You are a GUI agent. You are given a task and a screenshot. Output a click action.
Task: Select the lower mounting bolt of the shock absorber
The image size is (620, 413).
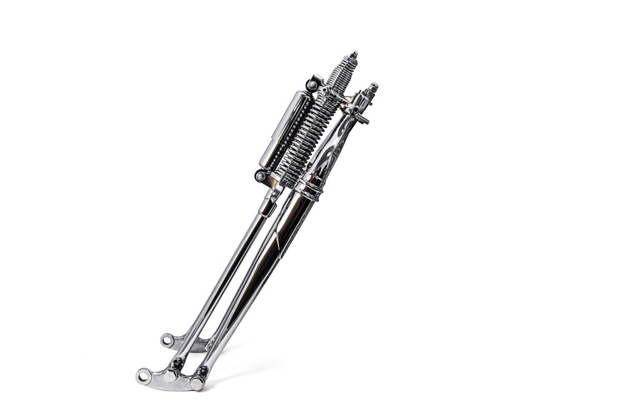click(x=261, y=177)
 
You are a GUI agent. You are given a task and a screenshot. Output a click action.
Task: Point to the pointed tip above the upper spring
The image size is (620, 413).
click(x=354, y=54)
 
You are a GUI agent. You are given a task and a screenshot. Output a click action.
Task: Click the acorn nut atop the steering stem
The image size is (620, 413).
click(x=373, y=88)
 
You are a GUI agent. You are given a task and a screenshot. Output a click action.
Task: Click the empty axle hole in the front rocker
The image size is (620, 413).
click(x=143, y=377)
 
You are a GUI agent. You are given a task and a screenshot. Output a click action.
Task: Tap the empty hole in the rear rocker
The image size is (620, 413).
click(x=165, y=340)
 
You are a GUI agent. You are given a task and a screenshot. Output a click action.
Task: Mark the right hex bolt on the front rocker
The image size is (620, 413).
click(x=197, y=383)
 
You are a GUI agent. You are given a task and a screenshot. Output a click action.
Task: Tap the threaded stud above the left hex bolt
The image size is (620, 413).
click(x=177, y=363)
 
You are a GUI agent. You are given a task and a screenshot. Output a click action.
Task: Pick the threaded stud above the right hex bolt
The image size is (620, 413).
click(x=201, y=370)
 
